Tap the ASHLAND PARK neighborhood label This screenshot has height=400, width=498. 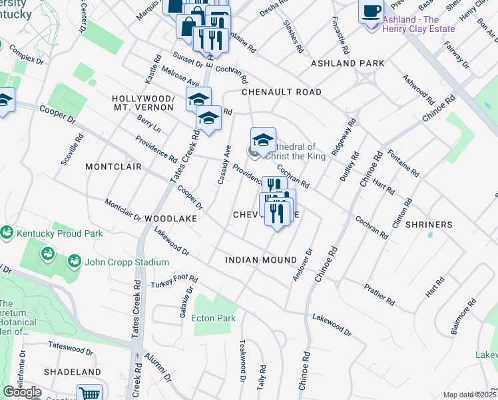(x=347, y=63)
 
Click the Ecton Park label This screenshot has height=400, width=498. (x=214, y=318)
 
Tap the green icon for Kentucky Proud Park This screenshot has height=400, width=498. (x=7, y=233)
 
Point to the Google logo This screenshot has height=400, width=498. (x=22, y=392)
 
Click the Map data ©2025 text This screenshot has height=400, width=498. (x=469, y=395)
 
